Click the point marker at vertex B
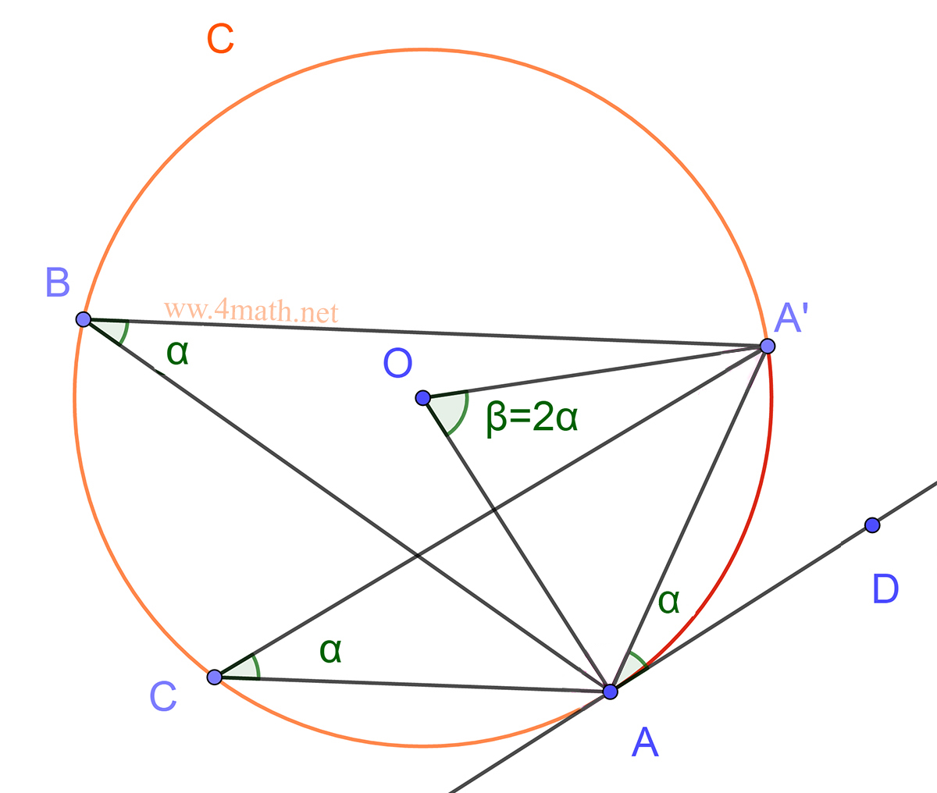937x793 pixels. point(84,319)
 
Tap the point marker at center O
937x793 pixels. point(422,398)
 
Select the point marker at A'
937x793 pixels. point(768,346)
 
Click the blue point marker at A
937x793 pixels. point(611,692)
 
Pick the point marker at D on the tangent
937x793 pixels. point(873,525)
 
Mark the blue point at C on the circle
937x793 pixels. point(215,677)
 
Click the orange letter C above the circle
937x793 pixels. point(220,38)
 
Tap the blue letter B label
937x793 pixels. point(58,283)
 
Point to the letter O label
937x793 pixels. point(397,364)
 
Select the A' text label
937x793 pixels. point(791,318)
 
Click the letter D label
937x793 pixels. point(885,589)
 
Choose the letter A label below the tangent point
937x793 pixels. point(645,742)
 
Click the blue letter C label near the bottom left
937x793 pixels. point(163,697)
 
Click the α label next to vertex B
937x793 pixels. point(177,353)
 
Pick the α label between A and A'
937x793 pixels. point(669,600)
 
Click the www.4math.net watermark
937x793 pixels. point(251,312)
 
